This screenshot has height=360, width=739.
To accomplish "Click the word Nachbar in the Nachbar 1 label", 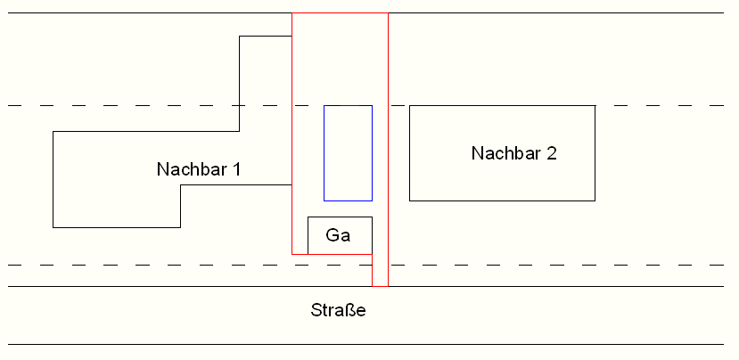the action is [x=193, y=169].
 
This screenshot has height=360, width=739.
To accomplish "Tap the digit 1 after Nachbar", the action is [x=237, y=169].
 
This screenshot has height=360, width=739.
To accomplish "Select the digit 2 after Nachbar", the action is [x=552, y=153].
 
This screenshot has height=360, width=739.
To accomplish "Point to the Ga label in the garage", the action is [x=338, y=234].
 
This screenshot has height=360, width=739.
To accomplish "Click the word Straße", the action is [x=338, y=310].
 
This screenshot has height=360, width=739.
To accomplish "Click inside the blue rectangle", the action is [x=348, y=153].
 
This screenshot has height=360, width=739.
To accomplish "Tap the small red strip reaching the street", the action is [x=381, y=270].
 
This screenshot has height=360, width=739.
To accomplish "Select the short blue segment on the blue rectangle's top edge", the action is [x=349, y=105].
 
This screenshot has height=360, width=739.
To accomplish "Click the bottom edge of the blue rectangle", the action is [x=348, y=200].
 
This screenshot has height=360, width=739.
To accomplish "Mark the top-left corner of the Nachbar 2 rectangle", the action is [x=409, y=105].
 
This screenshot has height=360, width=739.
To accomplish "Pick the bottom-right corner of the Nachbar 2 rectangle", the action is [x=595, y=200].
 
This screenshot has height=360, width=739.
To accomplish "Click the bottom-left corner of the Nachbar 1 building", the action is [x=53, y=227].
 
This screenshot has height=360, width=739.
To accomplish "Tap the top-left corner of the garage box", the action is [x=308, y=217].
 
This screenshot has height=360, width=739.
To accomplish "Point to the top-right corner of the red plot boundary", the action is [x=388, y=12].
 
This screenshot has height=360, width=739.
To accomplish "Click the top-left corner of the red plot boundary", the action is [x=292, y=12].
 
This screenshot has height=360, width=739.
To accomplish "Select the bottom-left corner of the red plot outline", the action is [x=292, y=254].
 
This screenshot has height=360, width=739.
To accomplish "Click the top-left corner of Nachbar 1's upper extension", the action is [x=240, y=36].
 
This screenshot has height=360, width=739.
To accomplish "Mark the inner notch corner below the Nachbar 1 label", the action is [x=180, y=185].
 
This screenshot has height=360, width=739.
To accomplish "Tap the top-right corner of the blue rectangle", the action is [x=372, y=105].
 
